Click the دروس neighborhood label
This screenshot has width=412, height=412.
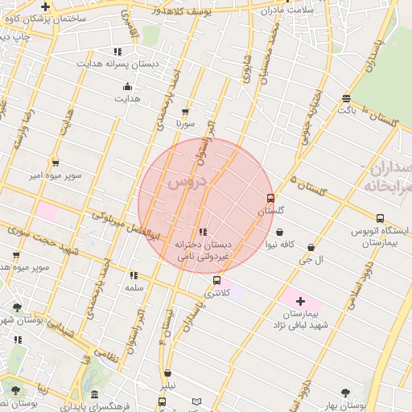pos(187,183)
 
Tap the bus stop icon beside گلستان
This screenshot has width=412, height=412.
pos(270,197)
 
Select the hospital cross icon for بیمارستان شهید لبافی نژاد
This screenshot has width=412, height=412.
pos(300,300)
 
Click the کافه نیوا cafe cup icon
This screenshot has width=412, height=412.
pos(279,230)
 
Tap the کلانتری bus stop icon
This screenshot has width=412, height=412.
pos(217,281)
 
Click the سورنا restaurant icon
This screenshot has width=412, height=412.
pos(186,112)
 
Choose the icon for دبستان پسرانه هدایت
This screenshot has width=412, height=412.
pos(118,51)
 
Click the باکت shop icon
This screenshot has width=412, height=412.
pos(346,98)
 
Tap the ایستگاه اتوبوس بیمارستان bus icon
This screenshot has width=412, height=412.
pos(380,217)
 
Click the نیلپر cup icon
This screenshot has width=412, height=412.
pos(167,373)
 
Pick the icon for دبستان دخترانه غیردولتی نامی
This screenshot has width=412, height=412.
pos(203,233)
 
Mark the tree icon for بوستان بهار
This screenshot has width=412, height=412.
pos(346,393)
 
